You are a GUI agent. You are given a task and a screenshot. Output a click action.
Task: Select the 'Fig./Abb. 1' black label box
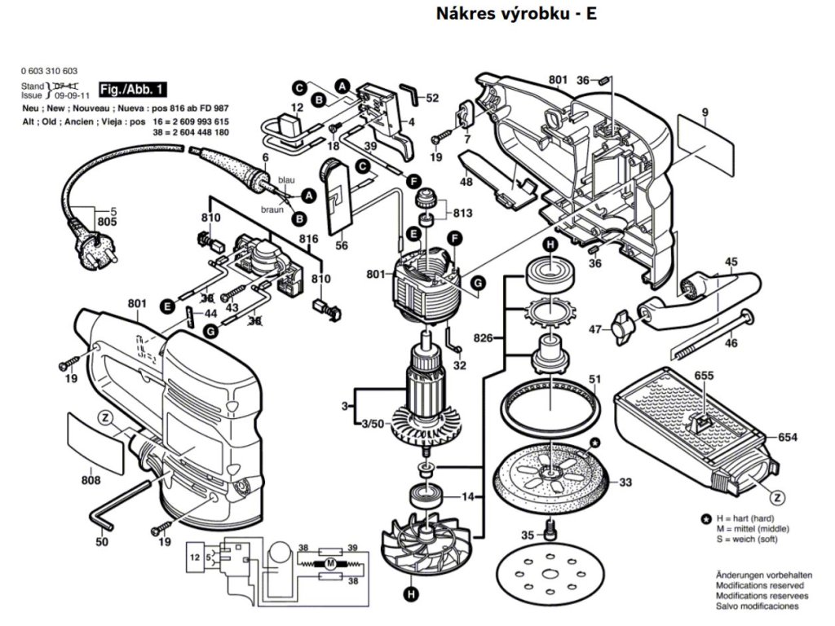tap(132, 89)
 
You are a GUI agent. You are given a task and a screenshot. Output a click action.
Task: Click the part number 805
tap(108, 222)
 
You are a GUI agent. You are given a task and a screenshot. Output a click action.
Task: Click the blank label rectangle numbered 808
tap(91, 437)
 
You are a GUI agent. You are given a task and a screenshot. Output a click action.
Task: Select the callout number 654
tap(787, 438)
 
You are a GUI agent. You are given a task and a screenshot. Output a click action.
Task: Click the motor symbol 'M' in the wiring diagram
tap(329, 563)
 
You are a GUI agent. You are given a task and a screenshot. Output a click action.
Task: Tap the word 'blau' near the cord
tap(286, 179)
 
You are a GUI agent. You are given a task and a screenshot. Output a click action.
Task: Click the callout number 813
tap(462, 214)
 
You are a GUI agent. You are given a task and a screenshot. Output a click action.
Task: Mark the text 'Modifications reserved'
tap(759, 585)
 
